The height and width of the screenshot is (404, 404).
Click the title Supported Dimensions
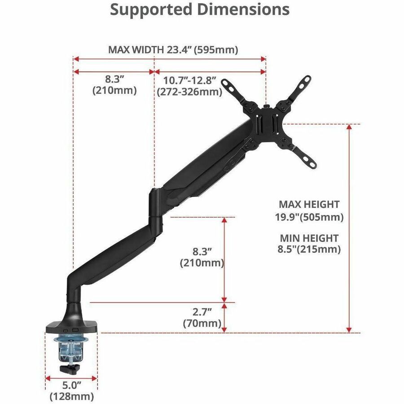[x=200, y=10]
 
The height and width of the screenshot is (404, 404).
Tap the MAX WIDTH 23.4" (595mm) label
[x=173, y=49]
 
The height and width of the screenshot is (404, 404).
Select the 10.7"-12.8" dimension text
[x=189, y=80]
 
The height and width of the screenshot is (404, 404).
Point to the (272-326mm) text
[x=189, y=92]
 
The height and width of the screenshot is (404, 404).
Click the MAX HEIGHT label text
[x=309, y=204]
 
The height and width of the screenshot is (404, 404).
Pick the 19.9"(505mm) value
[x=309, y=217]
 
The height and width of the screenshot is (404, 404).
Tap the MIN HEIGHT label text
[x=309, y=238]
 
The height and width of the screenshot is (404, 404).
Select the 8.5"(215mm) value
[x=309, y=249]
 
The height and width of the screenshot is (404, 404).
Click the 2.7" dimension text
[x=202, y=312]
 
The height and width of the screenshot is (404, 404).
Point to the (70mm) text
[x=202, y=323]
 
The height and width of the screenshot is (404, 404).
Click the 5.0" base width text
[x=72, y=386]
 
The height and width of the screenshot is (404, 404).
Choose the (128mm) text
[x=72, y=396]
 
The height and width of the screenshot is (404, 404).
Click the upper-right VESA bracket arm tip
[x=308, y=78]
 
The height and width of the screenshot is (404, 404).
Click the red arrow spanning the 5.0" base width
[x=71, y=378]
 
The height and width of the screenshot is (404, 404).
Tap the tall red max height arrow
[x=349, y=228]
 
